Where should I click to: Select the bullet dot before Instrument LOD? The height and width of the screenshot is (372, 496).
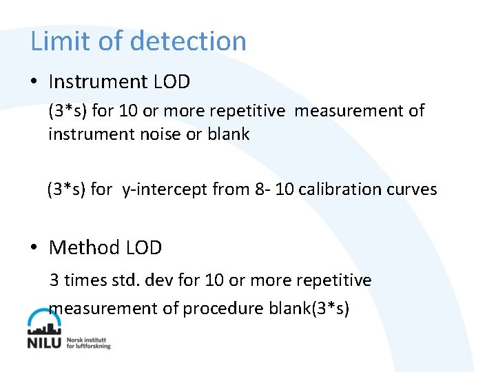pyautogui.click(x=34, y=82)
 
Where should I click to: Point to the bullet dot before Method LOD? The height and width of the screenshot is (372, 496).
pyautogui.click(x=34, y=247)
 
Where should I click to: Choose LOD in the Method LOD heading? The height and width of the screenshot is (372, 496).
pyautogui.click(x=144, y=247)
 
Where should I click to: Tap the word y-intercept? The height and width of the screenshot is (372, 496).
pyautogui.click(x=165, y=189)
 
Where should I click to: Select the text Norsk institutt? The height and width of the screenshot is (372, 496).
pyautogui.click(x=87, y=340)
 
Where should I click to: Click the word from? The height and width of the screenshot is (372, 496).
pyautogui.click(x=228, y=189)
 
